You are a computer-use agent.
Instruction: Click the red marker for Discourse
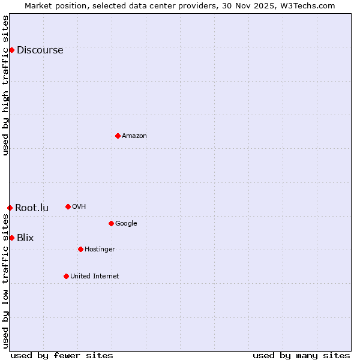[11, 50]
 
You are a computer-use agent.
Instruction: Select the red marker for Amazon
[118, 136]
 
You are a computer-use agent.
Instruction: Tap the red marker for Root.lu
[10, 208]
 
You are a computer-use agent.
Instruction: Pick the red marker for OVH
[68, 206]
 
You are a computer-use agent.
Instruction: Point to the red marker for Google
[111, 223]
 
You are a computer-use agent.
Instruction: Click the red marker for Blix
[11, 238]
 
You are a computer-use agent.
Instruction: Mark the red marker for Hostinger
[80, 249]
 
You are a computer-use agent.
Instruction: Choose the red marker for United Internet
[66, 276]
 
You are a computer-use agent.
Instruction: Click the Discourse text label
[40, 50]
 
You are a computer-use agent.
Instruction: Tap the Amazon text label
[134, 136]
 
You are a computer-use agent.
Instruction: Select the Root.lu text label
[32, 208]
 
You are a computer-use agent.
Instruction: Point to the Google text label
[126, 223]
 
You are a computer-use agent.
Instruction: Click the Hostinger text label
[100, 249]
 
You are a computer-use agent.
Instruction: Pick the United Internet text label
[94, 276]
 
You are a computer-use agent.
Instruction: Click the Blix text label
[25, 238]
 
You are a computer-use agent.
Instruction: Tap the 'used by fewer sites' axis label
[62, 355]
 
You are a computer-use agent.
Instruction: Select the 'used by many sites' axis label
[301, 355]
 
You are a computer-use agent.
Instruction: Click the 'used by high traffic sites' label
[6, 85]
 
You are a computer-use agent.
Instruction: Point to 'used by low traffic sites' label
[6, 281]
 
